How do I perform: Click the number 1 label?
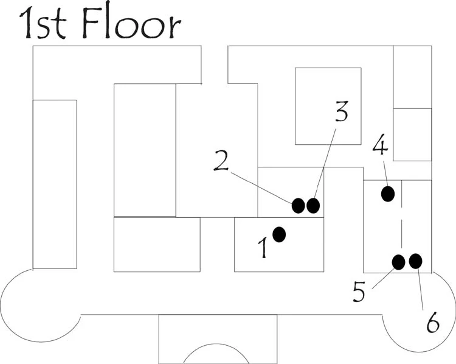(x=263, y=248)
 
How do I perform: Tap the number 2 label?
(x=221, y=161)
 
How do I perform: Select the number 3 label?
(x=342, y=111)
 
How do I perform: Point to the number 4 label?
(x=380, y=144)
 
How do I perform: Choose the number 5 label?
(x=359, y=292)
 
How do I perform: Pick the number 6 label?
(x=433, y=322)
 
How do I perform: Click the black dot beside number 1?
(x=279, y=234)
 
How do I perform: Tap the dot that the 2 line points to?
(x=298, y=206)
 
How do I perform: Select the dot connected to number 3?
(x=313, y=206)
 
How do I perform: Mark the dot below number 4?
(x=388, y=194)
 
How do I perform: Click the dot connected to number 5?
(x=398, y=262)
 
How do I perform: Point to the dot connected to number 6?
(x=416, y=261)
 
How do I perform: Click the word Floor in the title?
(x=131, y=23)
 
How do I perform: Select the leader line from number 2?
(x=261, y=188)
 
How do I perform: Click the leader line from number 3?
(x=325, y=164)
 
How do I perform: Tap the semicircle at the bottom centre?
(x=216, y=344)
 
